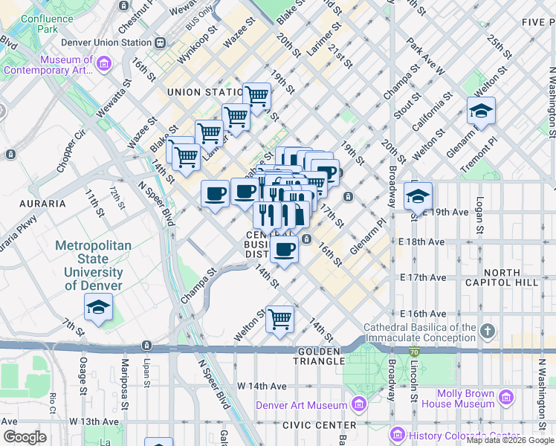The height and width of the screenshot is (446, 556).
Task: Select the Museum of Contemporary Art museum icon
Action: coord(103,66)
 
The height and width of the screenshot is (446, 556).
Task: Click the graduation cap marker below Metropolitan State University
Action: coord(98,308)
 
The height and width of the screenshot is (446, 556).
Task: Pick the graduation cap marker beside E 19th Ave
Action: coord(418,197)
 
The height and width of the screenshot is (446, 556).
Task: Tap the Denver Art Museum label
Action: coord(301,405)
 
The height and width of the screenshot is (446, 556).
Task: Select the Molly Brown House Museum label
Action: coord(458,398)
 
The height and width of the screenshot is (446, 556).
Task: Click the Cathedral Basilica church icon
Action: coord(487,330)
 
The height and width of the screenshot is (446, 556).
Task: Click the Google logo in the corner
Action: coord(25,437)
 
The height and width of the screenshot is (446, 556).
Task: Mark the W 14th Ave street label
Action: coord(262,387)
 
